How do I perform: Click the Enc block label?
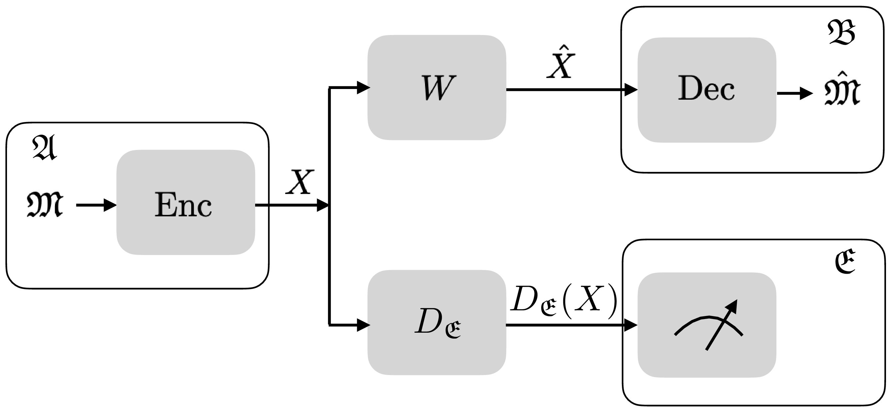[183, 205]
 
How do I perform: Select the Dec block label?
[706, 89]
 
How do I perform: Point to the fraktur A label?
[45, 148]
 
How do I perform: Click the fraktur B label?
[841, 33]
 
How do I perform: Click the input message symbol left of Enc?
[45, 205]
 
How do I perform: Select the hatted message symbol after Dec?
[842, 89]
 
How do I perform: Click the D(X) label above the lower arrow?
[564, 299]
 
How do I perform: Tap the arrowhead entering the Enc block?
[110, 205]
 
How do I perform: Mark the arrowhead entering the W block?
[363, 87]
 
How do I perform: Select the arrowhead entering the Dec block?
[631, 90]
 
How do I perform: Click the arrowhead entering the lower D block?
[363, 325]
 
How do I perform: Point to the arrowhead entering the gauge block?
[631, 325]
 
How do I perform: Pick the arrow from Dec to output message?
[794, 93]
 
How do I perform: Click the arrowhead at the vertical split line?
[322, 205]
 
